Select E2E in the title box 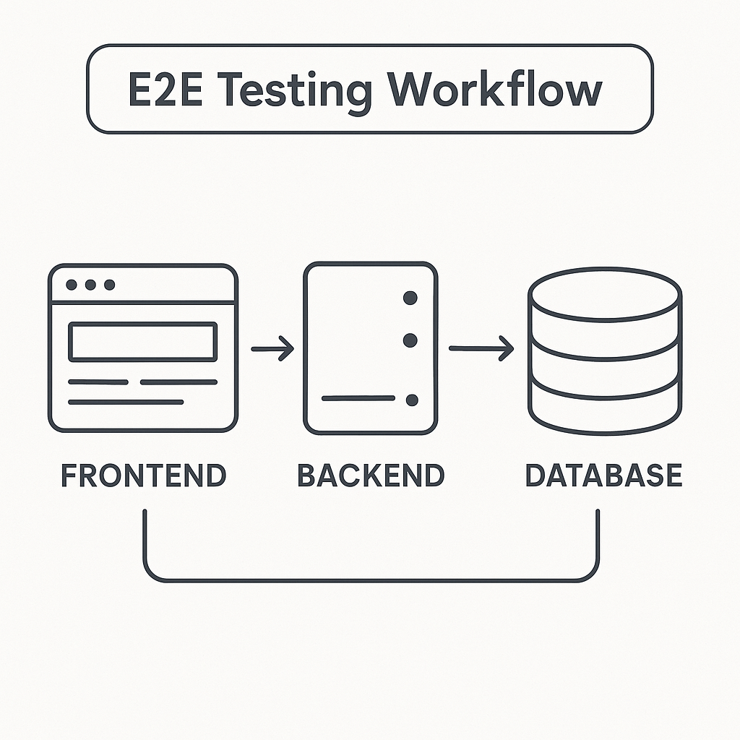click(169, 90)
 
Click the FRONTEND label click(143, 476)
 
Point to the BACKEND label click(371, 476)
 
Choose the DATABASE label click(603, 476)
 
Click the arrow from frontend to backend click(272, 350)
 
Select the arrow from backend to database click(481, 349)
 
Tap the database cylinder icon click(604, 354)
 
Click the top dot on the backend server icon click(410, 297)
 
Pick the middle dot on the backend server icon click(410, 340)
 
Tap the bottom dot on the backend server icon click(413, 400)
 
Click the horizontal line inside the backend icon click(358, 398)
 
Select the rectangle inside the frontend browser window click(142, 342)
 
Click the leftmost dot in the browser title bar click(72, 285)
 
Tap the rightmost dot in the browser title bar click(109, 285)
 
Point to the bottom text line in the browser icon click(126, 402)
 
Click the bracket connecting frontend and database click(371, 580)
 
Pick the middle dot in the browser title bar click(90, 285)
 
